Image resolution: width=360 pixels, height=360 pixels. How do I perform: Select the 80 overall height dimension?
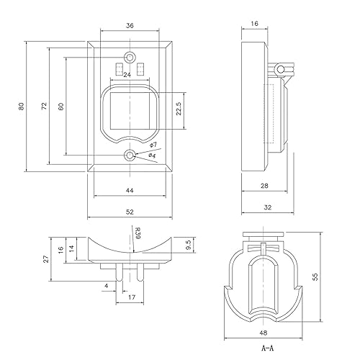tap(22, 107)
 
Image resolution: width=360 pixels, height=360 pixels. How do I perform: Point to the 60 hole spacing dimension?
tap(62, 107)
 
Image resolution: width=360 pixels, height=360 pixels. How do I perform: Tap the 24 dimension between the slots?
tap(127, 73)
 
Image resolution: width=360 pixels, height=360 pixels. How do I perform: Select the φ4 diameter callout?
tap(152, 156)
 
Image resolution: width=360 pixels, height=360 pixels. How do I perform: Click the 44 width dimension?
tap(130, 190)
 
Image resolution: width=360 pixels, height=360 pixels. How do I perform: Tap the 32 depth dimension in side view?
tap(266, 207)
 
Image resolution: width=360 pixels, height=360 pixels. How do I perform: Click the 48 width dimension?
tap(264, 333)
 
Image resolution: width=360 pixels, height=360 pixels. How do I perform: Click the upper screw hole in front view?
tap(130, 57)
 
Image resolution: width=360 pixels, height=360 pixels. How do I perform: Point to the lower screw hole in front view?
tap(130, 156)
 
